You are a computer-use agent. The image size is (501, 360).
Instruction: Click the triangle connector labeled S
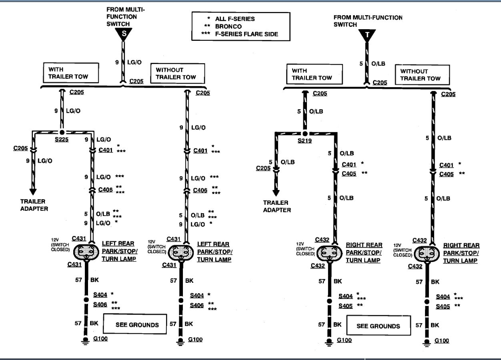[124, 34]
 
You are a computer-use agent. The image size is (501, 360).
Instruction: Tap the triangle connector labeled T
[367, 35]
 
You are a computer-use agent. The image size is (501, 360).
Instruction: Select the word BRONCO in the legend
[228, 26]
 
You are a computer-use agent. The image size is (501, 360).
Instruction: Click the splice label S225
[62, 140]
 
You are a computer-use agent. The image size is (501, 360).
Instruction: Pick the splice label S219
[305, 141]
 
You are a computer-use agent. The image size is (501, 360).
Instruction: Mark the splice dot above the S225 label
[62, 132]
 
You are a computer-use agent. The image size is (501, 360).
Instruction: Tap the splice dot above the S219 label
[305, 133]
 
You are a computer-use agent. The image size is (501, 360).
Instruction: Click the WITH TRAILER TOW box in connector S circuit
[70, 73]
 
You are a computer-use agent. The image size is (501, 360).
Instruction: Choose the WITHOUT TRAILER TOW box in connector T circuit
[420, 74]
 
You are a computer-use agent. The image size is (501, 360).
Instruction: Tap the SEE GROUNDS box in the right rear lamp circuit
[378, 326]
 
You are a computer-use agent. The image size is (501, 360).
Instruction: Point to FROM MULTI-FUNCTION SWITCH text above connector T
[368, 21]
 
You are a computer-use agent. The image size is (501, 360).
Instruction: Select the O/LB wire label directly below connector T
[378, 64]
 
